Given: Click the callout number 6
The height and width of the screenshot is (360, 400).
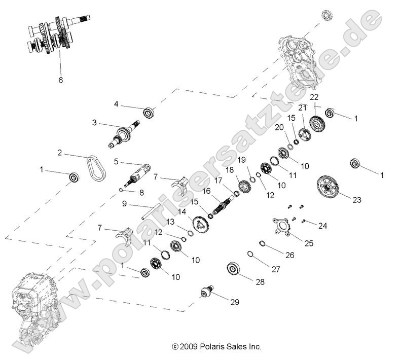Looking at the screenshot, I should [x=61, y=79].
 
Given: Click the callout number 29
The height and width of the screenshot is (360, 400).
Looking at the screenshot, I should [x=235, y=302].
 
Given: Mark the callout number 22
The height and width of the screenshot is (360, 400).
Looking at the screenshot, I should [x=314, y=97].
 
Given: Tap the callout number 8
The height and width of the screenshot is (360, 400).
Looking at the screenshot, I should [x=141, y=192].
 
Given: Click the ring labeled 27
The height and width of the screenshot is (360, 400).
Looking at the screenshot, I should [x=251, y=254].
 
